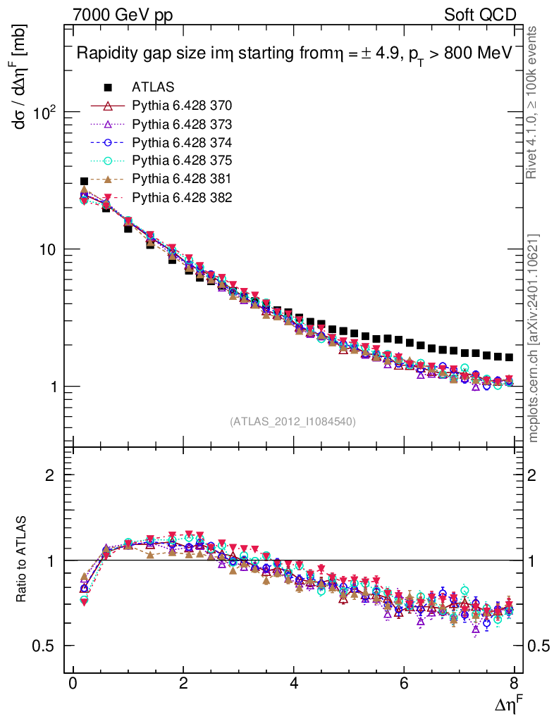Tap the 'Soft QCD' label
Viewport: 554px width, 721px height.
[480, 15]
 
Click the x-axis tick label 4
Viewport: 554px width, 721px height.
[294, 685]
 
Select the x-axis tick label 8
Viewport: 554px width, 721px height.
[515, 685]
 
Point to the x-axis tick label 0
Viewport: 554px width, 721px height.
[73, 685]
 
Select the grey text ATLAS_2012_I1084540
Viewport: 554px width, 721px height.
[293, 422]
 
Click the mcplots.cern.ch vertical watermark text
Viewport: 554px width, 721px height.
[534, 338]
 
